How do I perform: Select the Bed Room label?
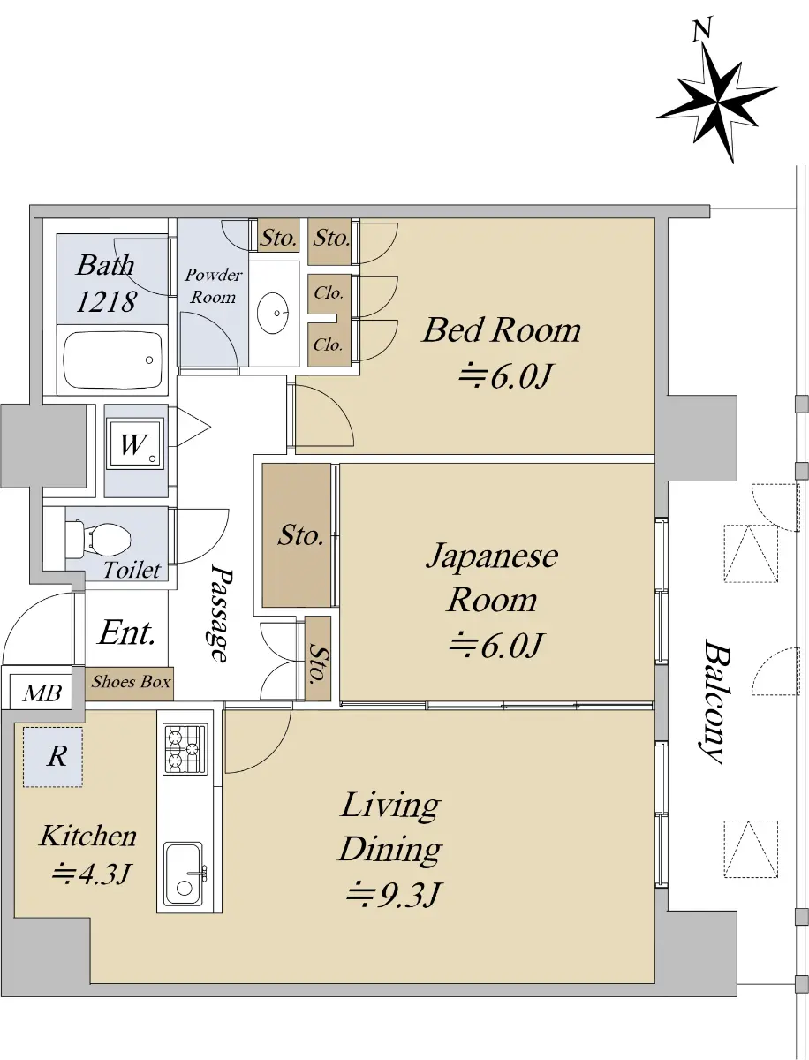click(x=502, y=330)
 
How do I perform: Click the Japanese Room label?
click(x=492, y=578)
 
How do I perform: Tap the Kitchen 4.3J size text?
click(x=92, y=873)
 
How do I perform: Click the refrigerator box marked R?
click(x=53, y=757)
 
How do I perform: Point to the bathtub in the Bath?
click(x=112, y=360)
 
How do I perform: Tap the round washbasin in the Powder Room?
click(x=273, y=313)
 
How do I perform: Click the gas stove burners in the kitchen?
click(x=185, y=749)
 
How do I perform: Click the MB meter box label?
click(x=42, y=693)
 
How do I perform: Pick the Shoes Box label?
click(x=131, y=681)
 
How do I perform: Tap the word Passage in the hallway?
click(x=222, y=614)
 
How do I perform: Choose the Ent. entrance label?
click(x=127, y=633)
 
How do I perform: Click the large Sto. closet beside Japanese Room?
click(x=297, y=535)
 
